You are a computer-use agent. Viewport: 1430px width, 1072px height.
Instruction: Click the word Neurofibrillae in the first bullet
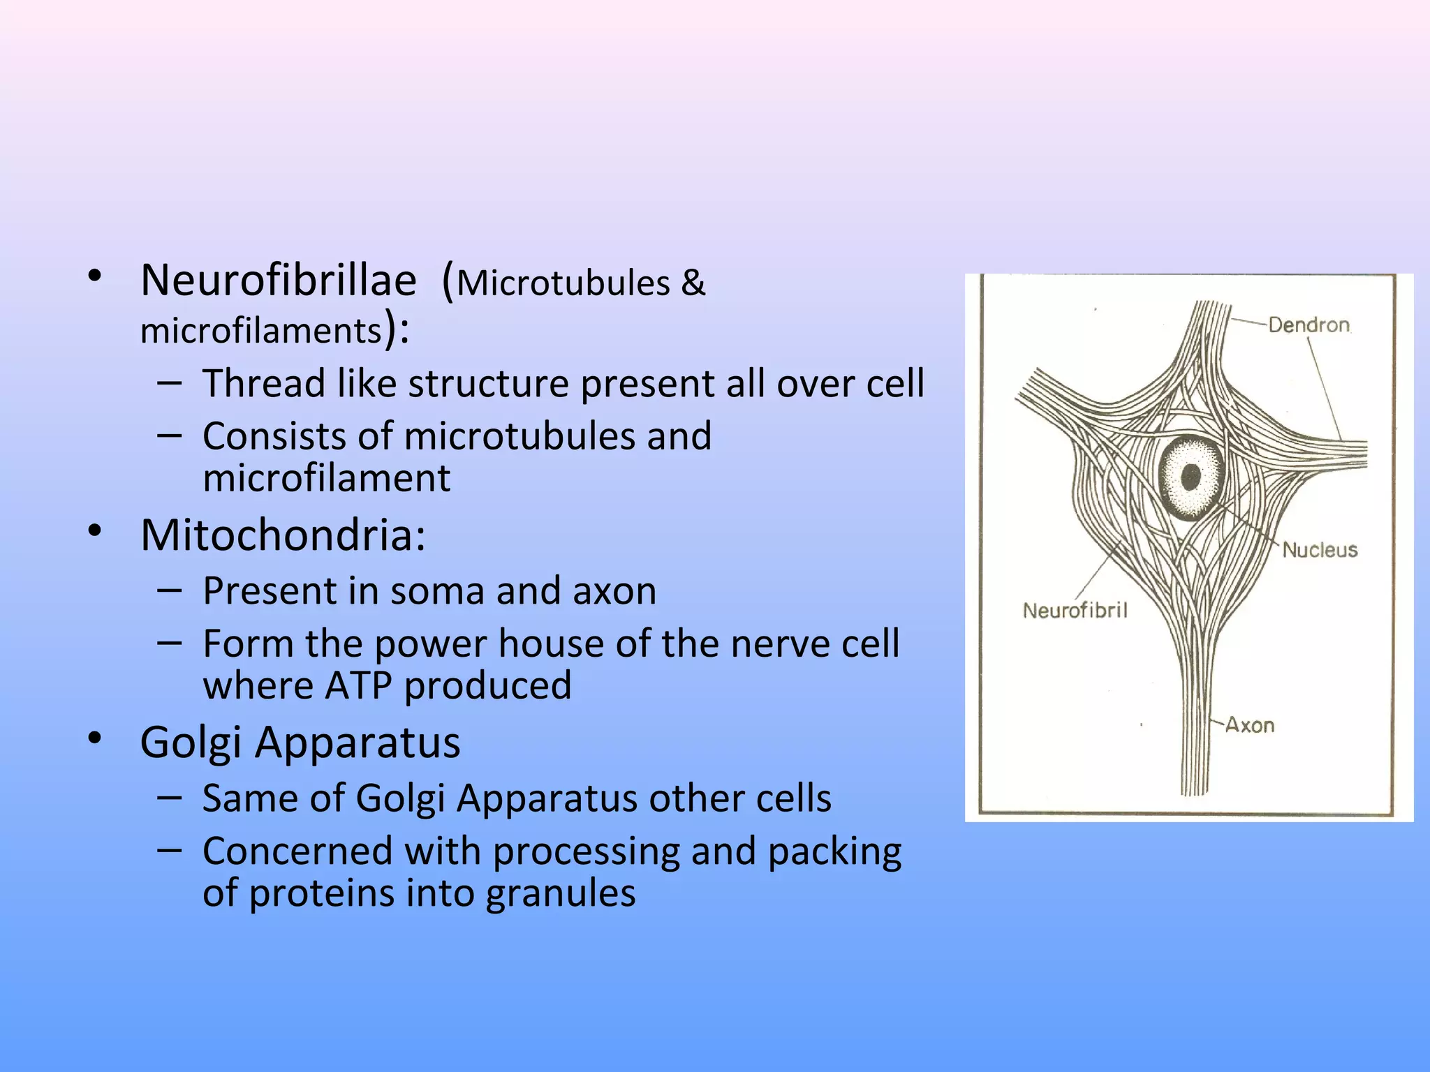pyautogui.click(x=278, y=281)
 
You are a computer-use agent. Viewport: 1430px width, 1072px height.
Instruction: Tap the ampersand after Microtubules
pyautogui.click(x=693, y=283)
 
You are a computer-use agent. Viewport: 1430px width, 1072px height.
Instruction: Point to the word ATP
pyautogui.click(x=358, y=686)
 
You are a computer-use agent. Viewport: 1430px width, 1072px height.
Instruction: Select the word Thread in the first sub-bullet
pyautogui.click(x=263, y=384)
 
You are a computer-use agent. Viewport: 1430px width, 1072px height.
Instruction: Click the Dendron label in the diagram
pyautogui.click(x=1309, y=325)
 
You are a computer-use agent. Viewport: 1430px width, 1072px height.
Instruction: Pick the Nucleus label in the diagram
pyautogui.click(x=1320, y=550)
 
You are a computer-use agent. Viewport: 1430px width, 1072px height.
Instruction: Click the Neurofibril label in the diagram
pyautogui.click(x=1075, y=611)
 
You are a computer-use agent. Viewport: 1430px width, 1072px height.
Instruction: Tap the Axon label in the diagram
pyautogui.click(x=1250, y=725)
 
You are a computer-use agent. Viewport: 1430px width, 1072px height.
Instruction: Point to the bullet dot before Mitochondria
pyautogui.click(x=96, y=531)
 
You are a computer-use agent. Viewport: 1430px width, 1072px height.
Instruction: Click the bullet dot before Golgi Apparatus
pyautogui.click(x=96, y=738)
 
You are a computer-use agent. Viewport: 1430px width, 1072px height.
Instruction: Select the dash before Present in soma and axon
pyautogui.click(x=170, y=590)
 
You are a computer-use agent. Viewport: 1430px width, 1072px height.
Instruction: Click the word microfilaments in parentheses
pyautogui.click(x=261, y=331)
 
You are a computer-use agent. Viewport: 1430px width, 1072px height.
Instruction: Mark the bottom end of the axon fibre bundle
pyautogui.click(x=1195, y=792)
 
